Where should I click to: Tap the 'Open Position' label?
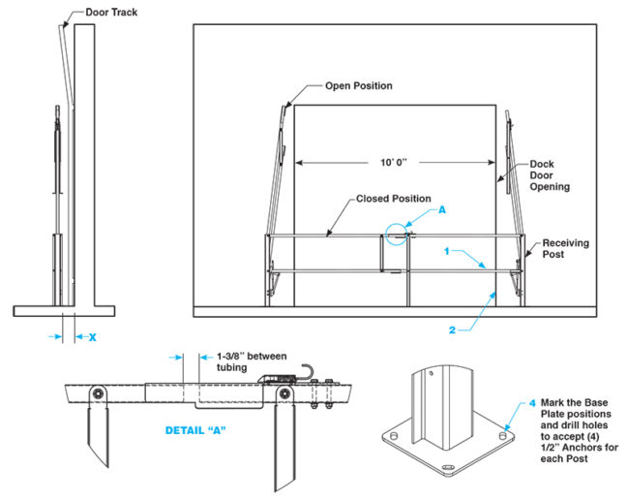(x=358, y=86)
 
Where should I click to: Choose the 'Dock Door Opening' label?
(x=549, y=174)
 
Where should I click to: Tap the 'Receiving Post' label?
(x=565, y=249)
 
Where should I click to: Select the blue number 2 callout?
(x=452, y=329)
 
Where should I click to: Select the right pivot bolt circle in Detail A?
(x=285, y=392)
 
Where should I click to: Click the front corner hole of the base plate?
(x=446, y=472)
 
